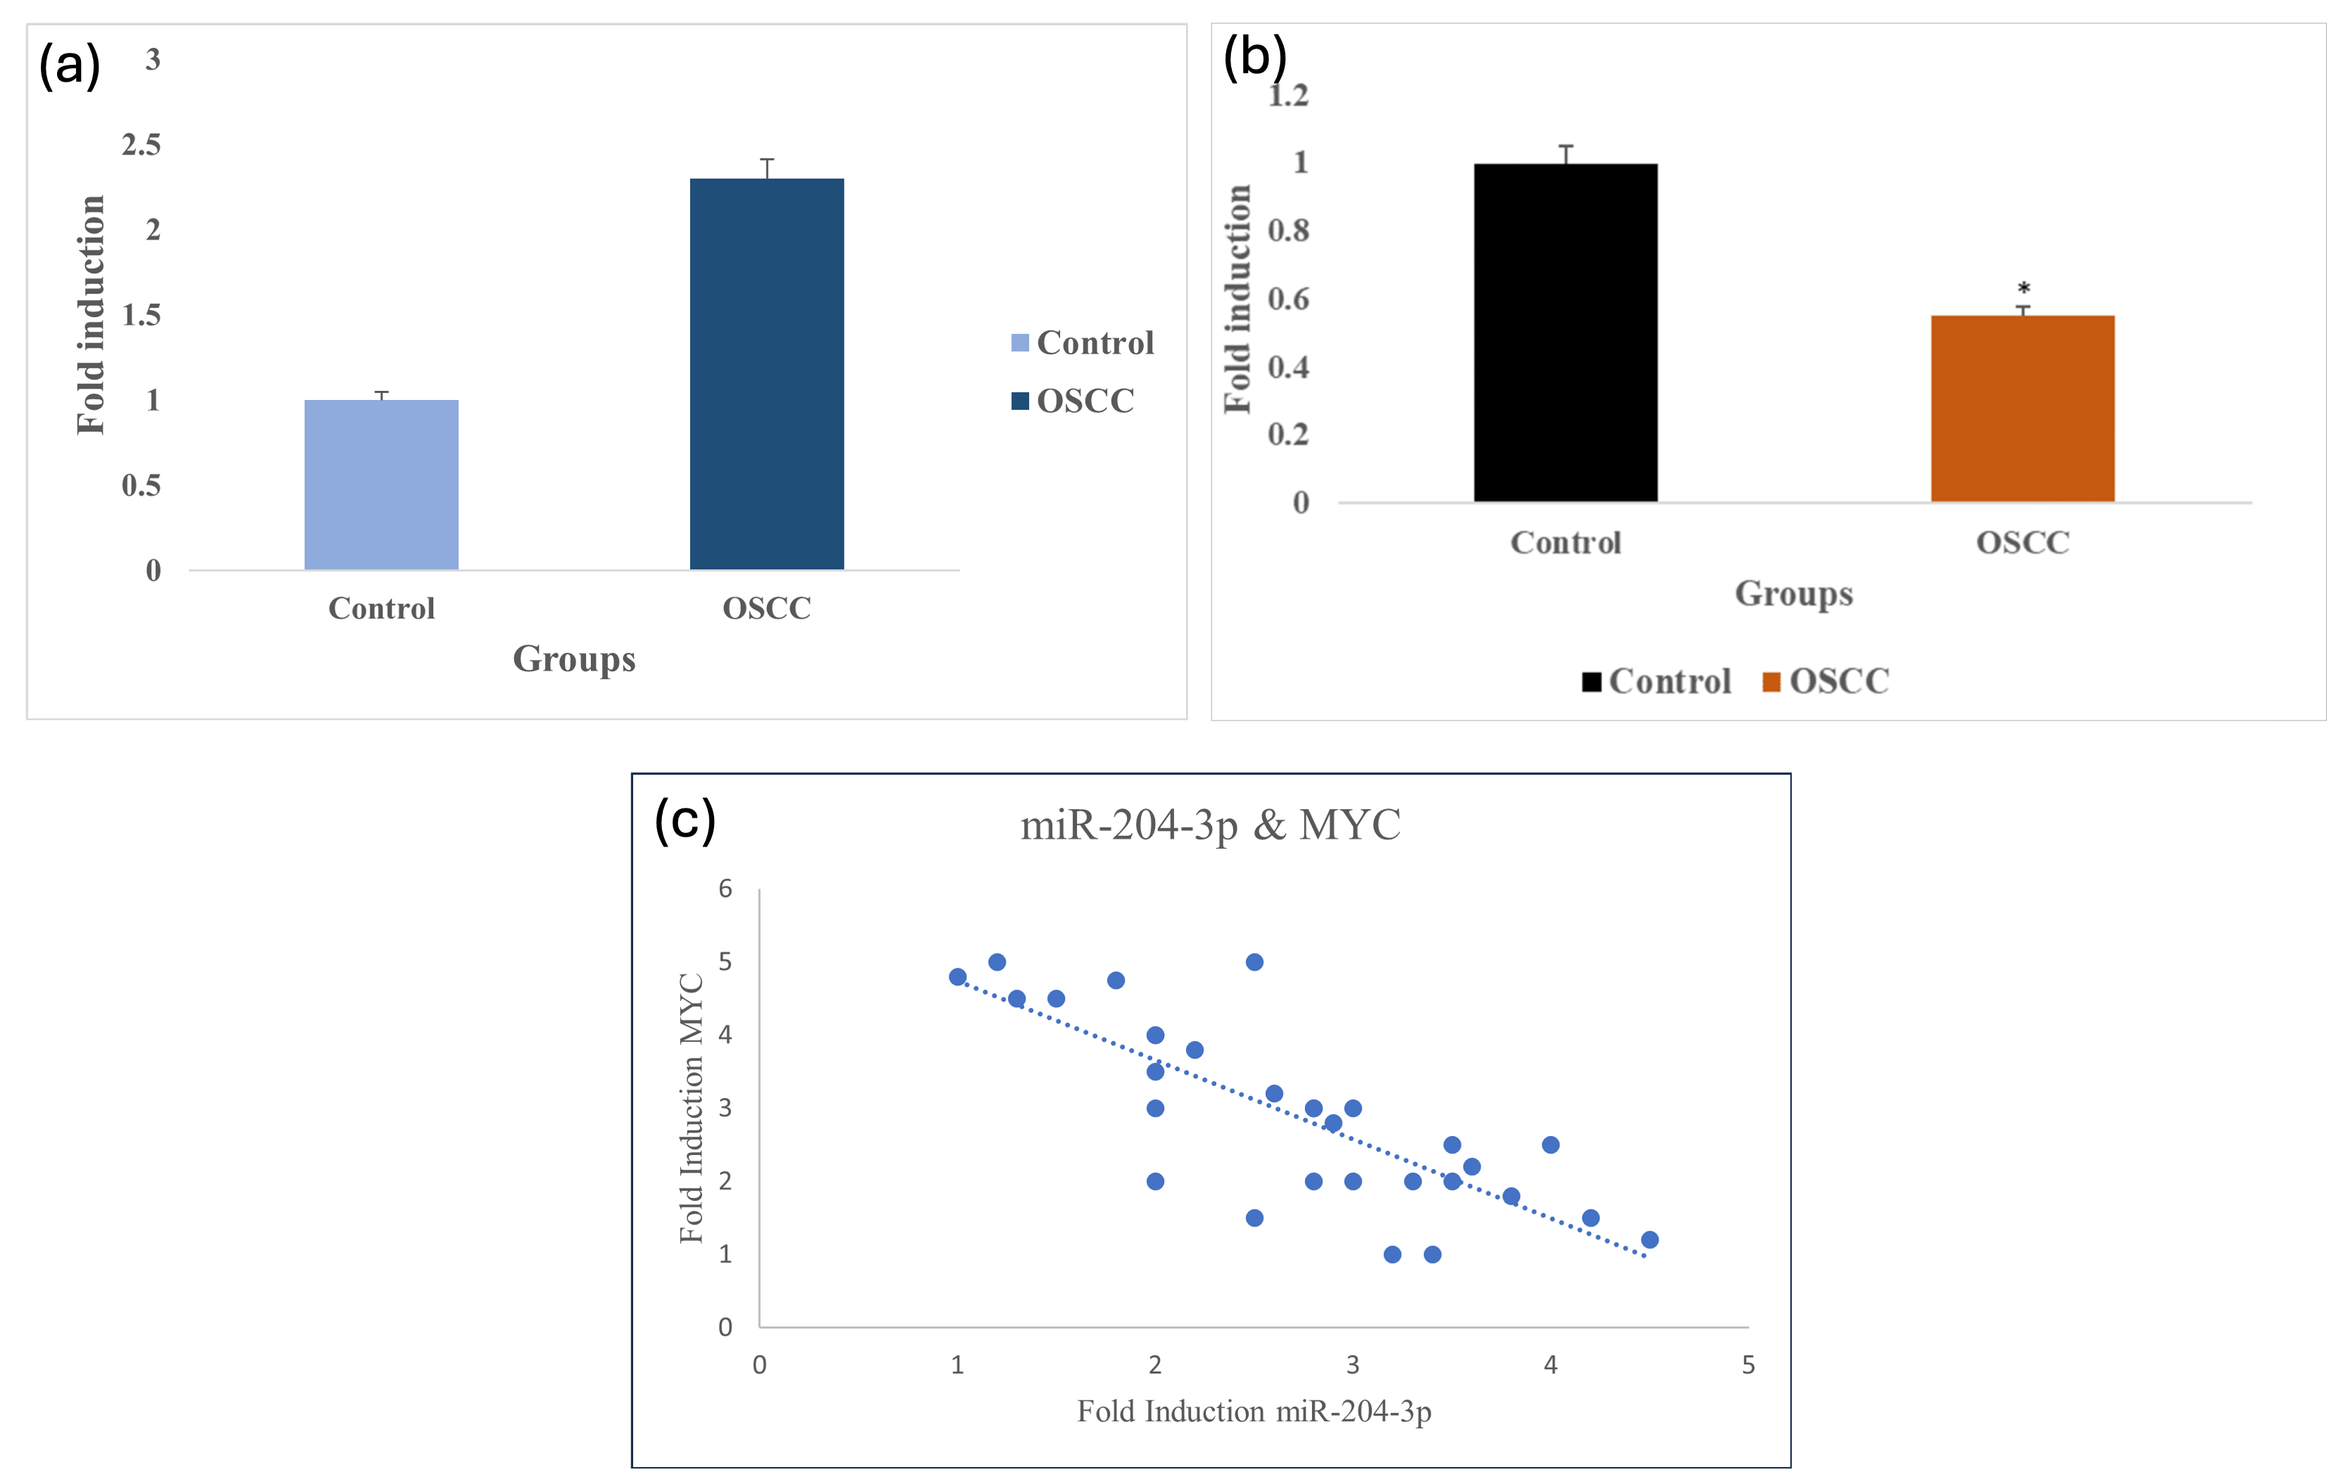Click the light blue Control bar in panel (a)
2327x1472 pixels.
click(x=381, y=485)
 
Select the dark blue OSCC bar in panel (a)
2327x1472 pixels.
click(x=766, y=374)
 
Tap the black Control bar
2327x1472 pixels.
click(x=1566, y=332)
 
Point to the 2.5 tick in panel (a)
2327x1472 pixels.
click(x=141, y=145)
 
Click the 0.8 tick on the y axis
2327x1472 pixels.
click(x=1288, y=230)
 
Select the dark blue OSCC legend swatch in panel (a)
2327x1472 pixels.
click(x=1020, y=401)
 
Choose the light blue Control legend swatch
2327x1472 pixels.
click(x=1020, y=343)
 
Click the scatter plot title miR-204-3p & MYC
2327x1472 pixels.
click(x=1210, y=825)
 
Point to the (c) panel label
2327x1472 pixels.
click(x=685, y=821)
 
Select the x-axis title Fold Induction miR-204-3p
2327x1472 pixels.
click(x=1254, y=1412)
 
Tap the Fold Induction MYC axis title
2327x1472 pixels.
click(x=691, y=1108)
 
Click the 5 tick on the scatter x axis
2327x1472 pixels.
click(x=1748, y=1365)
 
